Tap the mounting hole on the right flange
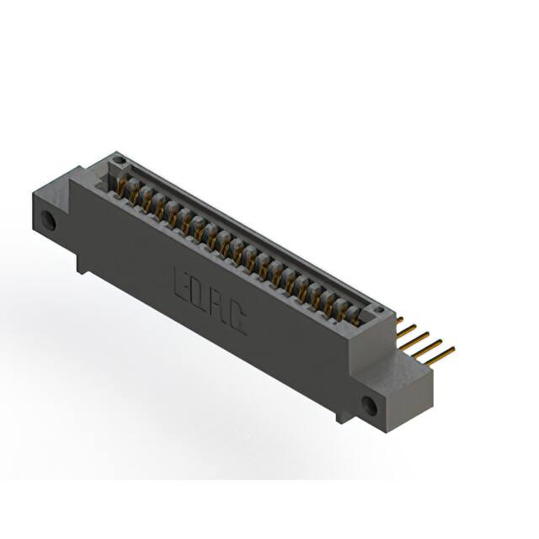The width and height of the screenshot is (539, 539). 368,405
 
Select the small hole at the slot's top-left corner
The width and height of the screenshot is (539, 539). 117,159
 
